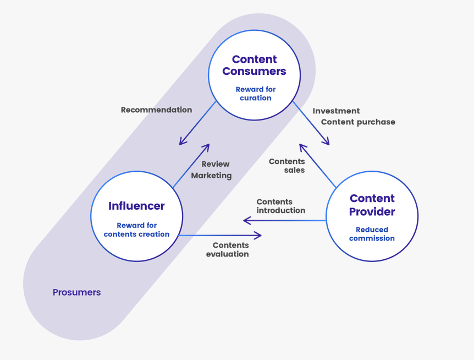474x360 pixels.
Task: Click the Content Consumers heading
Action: coord(254,65)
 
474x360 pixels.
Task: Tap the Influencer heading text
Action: coord(136,206)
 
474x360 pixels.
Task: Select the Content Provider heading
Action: coord(372,205)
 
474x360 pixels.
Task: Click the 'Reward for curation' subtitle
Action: coord(255,94)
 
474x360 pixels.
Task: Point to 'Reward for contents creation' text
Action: coord(136,230)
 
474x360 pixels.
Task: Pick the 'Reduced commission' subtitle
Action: coord(372,234)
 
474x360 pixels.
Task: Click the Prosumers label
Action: coord(76,292)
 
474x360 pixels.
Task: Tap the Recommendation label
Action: coord(156,110)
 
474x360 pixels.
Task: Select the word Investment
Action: coord(336,111)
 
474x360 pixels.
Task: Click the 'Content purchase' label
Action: coord(358,122)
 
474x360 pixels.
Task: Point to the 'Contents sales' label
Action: coord(287,166)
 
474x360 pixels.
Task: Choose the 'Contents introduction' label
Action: coord(280,206)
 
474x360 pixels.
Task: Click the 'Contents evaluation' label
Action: coord(228,249)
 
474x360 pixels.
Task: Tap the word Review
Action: coord(216,163)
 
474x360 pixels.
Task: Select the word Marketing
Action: coord(211,175)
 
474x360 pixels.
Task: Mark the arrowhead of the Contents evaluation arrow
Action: coord(260,236)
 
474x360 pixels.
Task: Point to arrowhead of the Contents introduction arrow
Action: coord(245,220)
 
